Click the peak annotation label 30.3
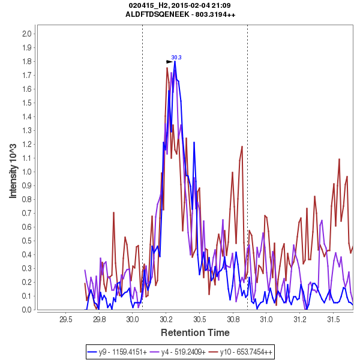point(176,58)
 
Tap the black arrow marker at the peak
point(170,61)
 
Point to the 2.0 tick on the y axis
point(26,34)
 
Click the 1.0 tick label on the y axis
point(26,172)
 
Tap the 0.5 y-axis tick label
point(26,241)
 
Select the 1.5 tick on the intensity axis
point(26,103)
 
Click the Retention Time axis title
point(194,332)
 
